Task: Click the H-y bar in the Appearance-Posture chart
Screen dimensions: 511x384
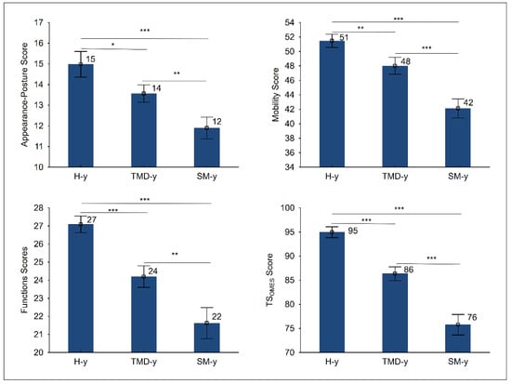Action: (81, 115)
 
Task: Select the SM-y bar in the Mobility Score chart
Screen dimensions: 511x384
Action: (458, 138)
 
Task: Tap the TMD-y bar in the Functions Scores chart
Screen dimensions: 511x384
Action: (144, 314)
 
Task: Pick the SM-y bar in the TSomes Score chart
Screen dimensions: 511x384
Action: (458, 338)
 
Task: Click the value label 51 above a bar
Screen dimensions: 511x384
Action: (344, 37)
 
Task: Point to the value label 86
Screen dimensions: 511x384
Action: (409, 270)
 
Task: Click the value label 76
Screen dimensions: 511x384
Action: (472, 317)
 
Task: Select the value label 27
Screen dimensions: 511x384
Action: (92, 219)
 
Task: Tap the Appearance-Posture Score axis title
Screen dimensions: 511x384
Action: (24, 95)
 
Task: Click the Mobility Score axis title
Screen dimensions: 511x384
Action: (276, 95)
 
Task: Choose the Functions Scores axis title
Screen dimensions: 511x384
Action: (24, 280)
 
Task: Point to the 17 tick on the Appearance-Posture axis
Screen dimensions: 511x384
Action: (38, 22)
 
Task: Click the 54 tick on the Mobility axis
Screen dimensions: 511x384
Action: (289, 22)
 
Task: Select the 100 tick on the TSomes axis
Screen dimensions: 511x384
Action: (287, 208)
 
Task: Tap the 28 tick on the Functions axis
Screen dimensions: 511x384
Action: (38, 208)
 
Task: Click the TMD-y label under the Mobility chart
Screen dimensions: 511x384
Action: (395, 177)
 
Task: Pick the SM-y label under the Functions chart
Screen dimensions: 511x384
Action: (206, 362)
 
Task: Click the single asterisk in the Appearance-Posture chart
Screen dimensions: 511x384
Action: (112, 44)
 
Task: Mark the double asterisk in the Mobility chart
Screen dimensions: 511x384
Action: (360, 28)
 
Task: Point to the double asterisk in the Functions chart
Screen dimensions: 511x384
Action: (175, 254)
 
